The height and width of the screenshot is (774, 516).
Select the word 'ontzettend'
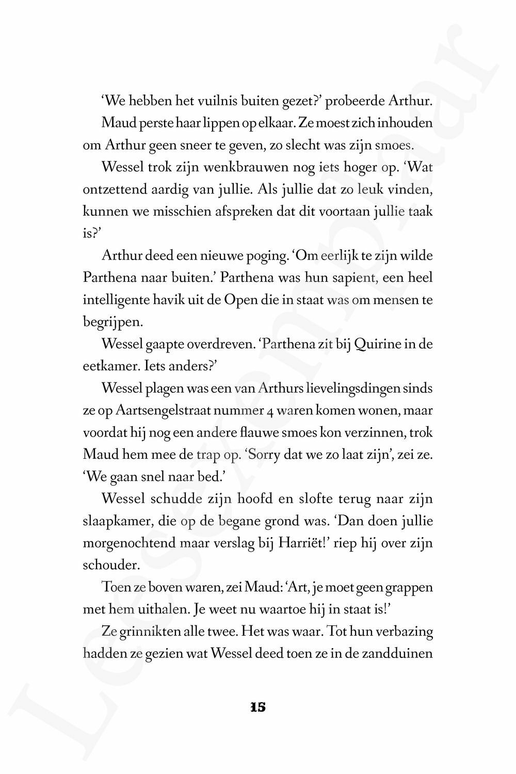(111, 190)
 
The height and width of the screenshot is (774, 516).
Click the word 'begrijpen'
(111, 322)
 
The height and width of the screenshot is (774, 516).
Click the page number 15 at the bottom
(257, 707)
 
